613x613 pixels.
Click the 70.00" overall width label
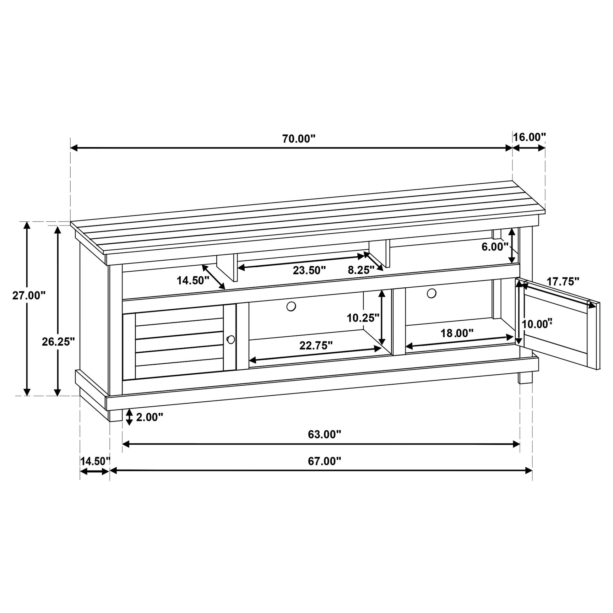(x=299, y=139)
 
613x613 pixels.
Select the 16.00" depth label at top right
(x=529, y=137)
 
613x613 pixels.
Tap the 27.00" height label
(x=29, y=295)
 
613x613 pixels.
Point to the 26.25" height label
(x=58, y=342)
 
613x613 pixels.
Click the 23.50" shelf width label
(x=309, y=271)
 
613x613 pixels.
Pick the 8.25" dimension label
(x=361, y=270)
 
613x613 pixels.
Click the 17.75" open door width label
(x=563, y=282)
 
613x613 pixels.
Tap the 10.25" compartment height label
(x=363, y=318)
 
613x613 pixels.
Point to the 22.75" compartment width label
(x=316, y=345)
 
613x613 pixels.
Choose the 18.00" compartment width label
(x=457, y=333)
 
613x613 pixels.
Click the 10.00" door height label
(x=537, y=324)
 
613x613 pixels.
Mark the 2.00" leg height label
(x=149, y=417)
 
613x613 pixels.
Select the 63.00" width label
(x=324, y=434)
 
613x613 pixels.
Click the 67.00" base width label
(x=324, y=461)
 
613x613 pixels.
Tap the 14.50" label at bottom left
(x=95, y=461)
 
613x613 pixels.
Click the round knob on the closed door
(x=231, y=340)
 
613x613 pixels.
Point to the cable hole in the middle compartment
(x=291, y=306)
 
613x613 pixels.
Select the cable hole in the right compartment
(x=432, y=293)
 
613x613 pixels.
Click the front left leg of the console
(x=115, y=415)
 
